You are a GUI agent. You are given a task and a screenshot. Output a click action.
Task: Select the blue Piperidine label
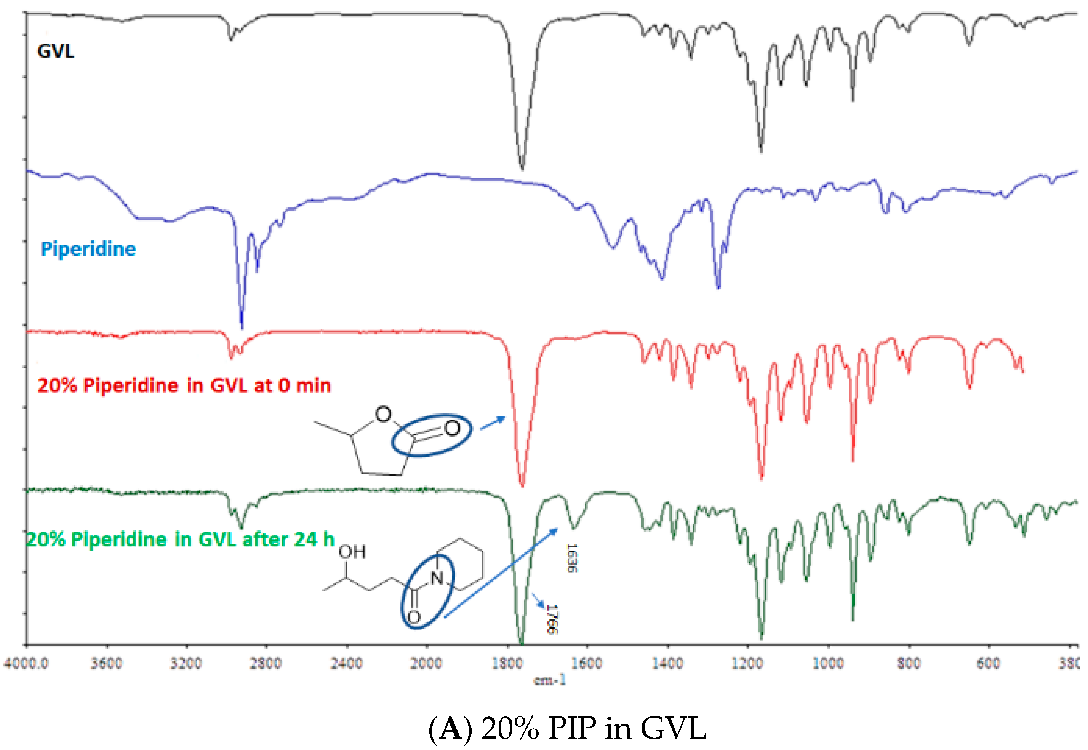[88, 249]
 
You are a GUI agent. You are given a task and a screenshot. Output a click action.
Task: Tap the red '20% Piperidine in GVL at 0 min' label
[184, 386]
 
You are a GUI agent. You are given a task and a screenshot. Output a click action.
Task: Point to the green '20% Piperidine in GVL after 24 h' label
[181, 539]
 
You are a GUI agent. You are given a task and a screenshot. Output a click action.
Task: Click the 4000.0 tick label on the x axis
[26, 664]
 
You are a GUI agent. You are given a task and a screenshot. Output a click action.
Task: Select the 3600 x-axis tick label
[106, 664]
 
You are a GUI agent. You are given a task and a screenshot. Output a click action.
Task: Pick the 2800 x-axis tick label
[266, 664]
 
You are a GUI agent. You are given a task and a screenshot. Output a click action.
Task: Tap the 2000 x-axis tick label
[426, 664]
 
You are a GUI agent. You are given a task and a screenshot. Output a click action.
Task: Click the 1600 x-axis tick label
[586, 664]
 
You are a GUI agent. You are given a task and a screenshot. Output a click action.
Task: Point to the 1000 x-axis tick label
[828, 664]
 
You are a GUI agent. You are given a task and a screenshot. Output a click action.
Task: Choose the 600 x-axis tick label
[988, 664]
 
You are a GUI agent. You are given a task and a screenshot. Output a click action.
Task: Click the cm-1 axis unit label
[550, 680]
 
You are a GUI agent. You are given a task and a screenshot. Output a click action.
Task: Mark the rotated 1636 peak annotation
[572, 558]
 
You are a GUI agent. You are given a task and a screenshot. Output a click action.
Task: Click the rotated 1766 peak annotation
[552, 619]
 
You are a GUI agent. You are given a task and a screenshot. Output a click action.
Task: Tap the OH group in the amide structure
[352, 552]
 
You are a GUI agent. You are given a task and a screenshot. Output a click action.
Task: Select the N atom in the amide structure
[437, 578]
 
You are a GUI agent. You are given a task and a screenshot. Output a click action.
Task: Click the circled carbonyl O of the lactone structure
[452, 428]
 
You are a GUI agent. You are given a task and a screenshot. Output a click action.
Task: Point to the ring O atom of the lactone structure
[383, 414]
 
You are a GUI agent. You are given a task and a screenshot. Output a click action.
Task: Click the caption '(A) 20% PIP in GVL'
[567, 728]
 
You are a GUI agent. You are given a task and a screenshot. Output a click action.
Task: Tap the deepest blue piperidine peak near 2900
[242, 327]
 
